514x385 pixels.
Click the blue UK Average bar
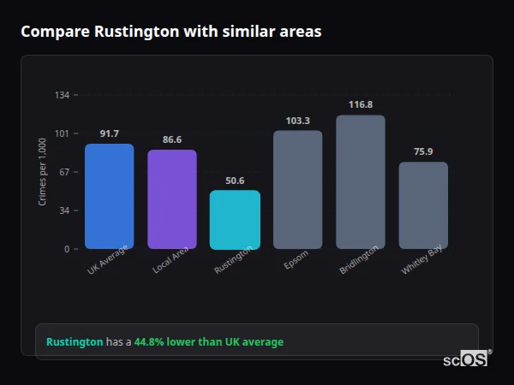click(109, 196)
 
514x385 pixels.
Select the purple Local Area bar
click(172, 199)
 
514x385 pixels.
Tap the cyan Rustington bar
click(235, 219)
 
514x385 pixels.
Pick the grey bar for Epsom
click(297, 189)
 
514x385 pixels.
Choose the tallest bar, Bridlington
click(360, 181)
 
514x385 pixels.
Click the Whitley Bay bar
click(423, 205)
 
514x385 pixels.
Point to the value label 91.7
click(109, 133)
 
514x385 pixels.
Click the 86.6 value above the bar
click(172, 139)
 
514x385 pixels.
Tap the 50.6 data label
click(235, 181)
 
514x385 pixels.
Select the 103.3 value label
click(297, 121)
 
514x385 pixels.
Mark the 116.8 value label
click(360, 104)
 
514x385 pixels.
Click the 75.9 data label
click(423, 151)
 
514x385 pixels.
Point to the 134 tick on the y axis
click(63, 95)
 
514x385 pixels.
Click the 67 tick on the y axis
click(65, 172)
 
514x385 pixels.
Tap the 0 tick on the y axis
click(68, 249)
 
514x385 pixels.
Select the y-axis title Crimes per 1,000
click(43, 172)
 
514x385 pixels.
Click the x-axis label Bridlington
click(359, 260)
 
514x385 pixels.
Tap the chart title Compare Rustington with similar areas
click(171, 32)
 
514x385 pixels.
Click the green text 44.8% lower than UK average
click(208, 342)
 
